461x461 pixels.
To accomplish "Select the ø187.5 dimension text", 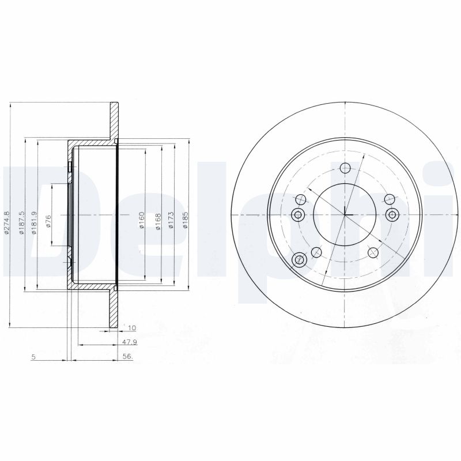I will coord(22,222).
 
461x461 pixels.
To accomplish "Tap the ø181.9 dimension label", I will coord(34,222).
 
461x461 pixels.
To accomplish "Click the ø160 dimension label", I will coord(141,221).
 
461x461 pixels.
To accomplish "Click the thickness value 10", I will coord(131,328).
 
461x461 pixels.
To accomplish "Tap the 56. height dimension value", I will coord(128,357).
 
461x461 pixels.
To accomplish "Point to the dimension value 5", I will coord(34,357).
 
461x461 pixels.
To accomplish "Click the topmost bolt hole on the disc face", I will coord(345,168).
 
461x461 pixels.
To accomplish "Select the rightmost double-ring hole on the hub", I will coord(392,215).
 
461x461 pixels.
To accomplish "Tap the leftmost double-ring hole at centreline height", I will coord(298,215).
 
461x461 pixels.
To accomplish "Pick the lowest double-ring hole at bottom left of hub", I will coord(298,260).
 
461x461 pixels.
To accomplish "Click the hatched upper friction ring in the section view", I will coord(114,122).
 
